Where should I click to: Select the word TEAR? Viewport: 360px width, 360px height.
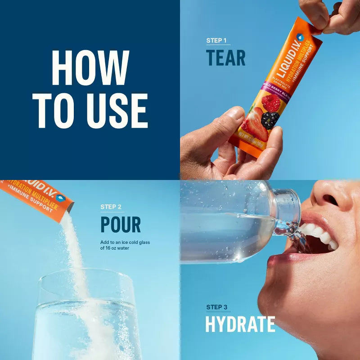(x=226, y=58)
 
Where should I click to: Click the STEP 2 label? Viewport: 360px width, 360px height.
(x=111, y=207)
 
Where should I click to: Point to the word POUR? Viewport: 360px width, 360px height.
(x=121, y=225)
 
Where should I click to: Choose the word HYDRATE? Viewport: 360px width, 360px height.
(x=240, y=324)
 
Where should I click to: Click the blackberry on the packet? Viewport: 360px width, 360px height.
(x=270, y=120)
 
